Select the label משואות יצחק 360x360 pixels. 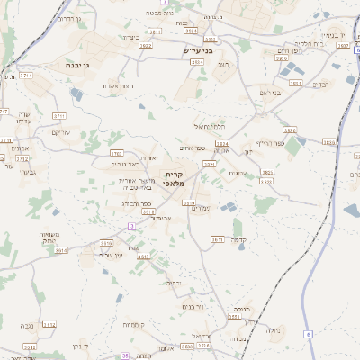[48, 237]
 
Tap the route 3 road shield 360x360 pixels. [132, 225]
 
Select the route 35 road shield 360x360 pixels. [126, 355]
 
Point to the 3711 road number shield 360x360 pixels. [59, 116]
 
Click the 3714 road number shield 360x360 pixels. [26, 76]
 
